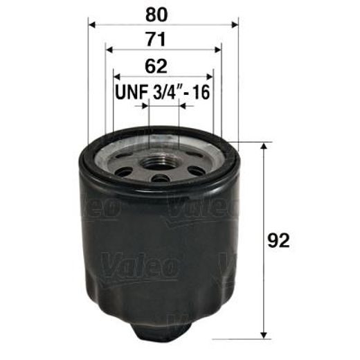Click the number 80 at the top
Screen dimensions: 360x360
tap(163, 14)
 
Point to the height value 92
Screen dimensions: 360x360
tap(278, 240)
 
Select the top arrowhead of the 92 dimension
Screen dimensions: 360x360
tap(264, 148)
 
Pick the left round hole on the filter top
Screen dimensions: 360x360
tap(125, 170)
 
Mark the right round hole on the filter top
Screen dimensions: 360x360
tap(197, 170)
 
